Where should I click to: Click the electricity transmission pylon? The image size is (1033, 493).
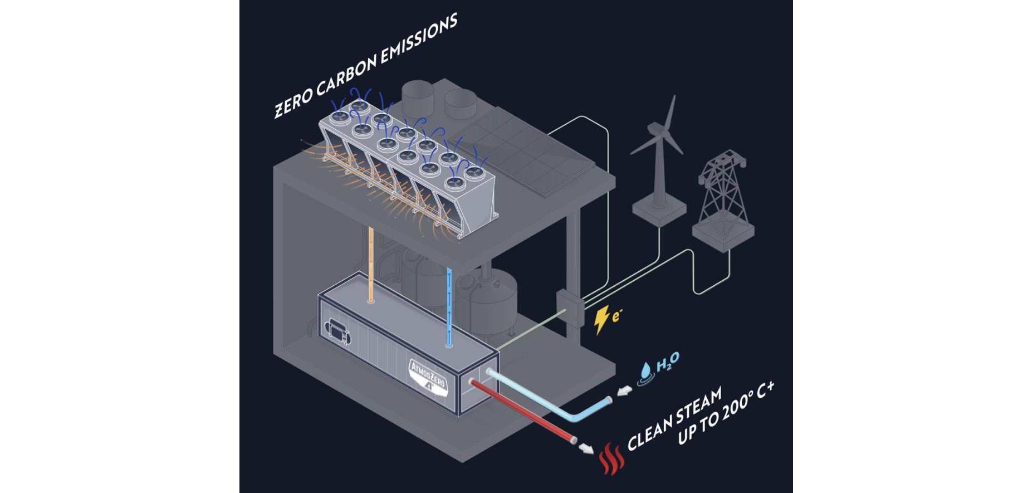coord(723,195)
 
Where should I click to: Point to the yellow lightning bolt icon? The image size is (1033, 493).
coord(601,319)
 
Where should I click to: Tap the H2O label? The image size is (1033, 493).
coord(668,362)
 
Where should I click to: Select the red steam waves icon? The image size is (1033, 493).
coord(611,458)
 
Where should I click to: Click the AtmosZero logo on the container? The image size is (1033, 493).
coord(428,377)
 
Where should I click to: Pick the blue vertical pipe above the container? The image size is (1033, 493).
coord(449,306)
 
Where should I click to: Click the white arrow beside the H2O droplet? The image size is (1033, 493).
coord(625,391)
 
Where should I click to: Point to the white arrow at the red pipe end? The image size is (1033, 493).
coord(585,448)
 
